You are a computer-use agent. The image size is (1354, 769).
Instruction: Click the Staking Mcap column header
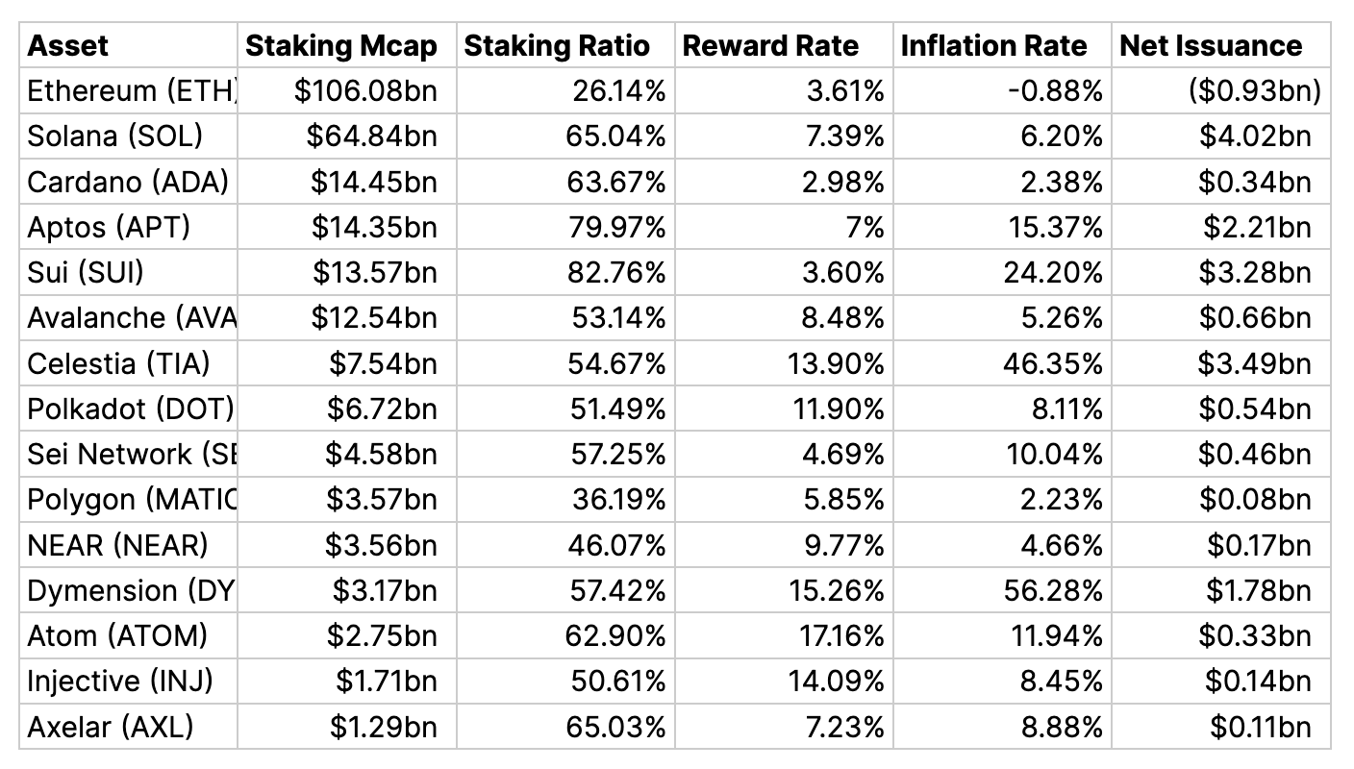pos(341,46)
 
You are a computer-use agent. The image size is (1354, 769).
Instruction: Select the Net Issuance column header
pos(1211,46)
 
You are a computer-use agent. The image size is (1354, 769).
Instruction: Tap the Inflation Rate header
pos(993,46)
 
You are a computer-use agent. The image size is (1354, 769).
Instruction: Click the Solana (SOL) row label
pos(114,136)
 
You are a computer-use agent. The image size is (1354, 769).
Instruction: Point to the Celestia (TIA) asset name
pos(118,363)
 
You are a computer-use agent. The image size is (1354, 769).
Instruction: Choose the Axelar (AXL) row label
pos(111,727)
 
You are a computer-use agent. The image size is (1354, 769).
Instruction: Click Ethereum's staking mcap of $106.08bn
pos(365,91)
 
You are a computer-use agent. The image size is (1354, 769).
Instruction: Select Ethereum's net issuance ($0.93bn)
pos(1254,91)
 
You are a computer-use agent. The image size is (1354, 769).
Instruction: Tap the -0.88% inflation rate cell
pos(1055,91)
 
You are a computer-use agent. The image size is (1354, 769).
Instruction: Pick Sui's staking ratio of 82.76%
pos(616,272)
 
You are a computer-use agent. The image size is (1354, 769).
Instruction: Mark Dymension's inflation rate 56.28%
pos(1053,591)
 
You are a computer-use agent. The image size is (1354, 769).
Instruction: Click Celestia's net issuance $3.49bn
pos(1254,363)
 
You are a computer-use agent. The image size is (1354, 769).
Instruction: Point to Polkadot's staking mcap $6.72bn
pos(382,409)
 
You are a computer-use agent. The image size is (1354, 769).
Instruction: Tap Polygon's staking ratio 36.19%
pos(619,500)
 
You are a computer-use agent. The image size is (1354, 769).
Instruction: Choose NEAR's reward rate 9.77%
pos(843,545)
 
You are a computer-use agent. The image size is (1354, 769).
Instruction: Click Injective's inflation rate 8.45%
pos(1062,682)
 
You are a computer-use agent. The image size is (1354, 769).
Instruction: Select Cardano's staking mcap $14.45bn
pos(373,182)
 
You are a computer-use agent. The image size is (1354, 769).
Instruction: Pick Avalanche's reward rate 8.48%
pos(842,318)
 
